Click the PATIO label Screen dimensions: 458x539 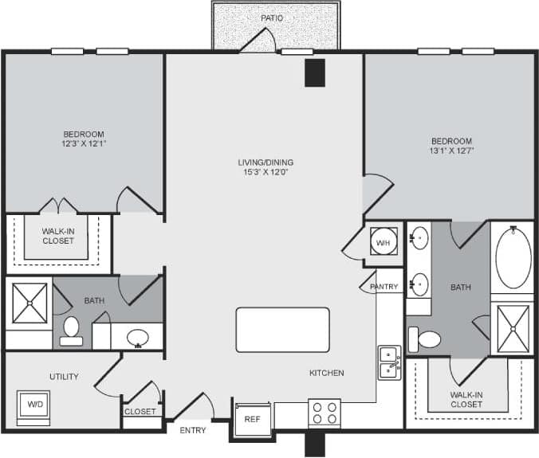272,18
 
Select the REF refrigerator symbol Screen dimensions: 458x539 252,419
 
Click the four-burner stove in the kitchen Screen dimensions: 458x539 325,413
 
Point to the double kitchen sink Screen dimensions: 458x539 389,361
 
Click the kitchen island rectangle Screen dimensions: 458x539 282,330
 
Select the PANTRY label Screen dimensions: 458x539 384,287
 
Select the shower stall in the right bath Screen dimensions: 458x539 512,327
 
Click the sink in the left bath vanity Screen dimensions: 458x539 138,337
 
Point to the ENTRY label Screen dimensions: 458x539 193,430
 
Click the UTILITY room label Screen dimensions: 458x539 63,377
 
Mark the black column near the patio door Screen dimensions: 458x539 315,72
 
